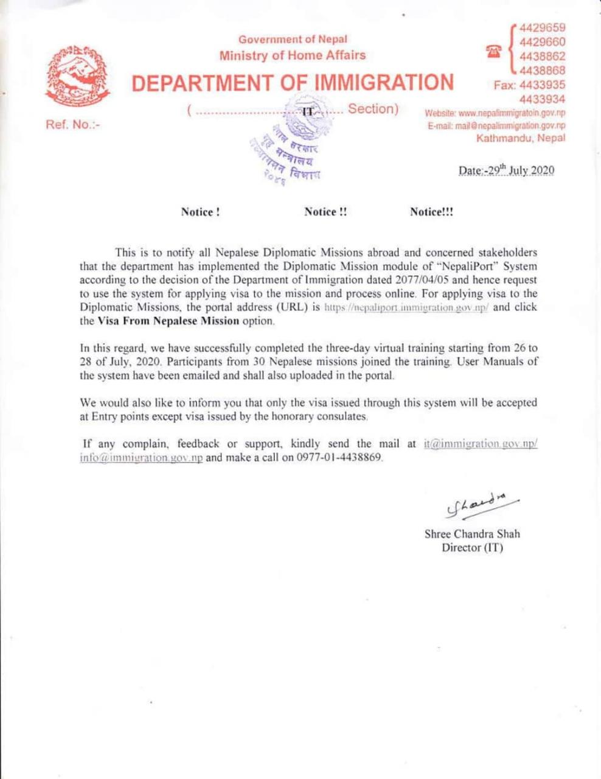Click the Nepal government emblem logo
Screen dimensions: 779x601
click(78, 77)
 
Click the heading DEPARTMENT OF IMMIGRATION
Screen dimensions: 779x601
click(293, 82)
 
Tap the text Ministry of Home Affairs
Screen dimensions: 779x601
click(293, 55)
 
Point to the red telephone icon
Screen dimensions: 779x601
click(493, 52)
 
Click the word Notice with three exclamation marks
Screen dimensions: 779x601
click(431, 212)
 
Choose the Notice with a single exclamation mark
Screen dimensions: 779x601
click(200, 212)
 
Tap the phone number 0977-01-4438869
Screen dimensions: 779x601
click(340, 458)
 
